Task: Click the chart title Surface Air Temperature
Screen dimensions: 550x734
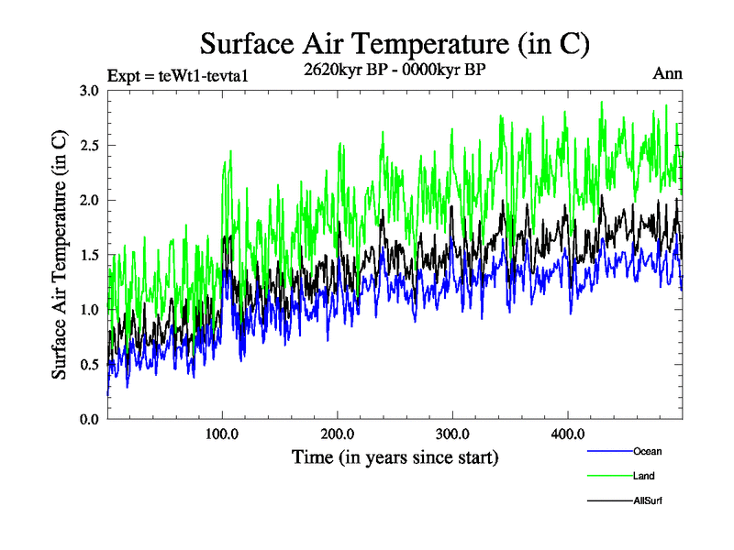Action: tap(395, 44)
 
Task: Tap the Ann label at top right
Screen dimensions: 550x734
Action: tap(667, 73)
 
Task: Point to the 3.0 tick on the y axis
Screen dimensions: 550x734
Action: tap(89, 91)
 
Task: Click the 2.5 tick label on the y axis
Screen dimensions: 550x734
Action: tap(89, 146)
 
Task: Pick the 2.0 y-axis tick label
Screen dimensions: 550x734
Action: tap(89, 200)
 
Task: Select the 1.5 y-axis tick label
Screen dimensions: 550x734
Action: tap(89, 255)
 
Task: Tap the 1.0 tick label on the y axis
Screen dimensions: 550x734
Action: tap(89, 310)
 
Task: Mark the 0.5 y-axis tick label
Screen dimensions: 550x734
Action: tap(89, 364)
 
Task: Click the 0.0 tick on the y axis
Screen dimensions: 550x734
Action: tap(89, 419)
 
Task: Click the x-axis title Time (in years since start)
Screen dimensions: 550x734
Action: tap(395, 456)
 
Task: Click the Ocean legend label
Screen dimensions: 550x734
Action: tap(647, 451)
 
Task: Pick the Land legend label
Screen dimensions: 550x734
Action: tap(643, 476)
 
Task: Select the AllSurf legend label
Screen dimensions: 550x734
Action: tap(647, 500)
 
